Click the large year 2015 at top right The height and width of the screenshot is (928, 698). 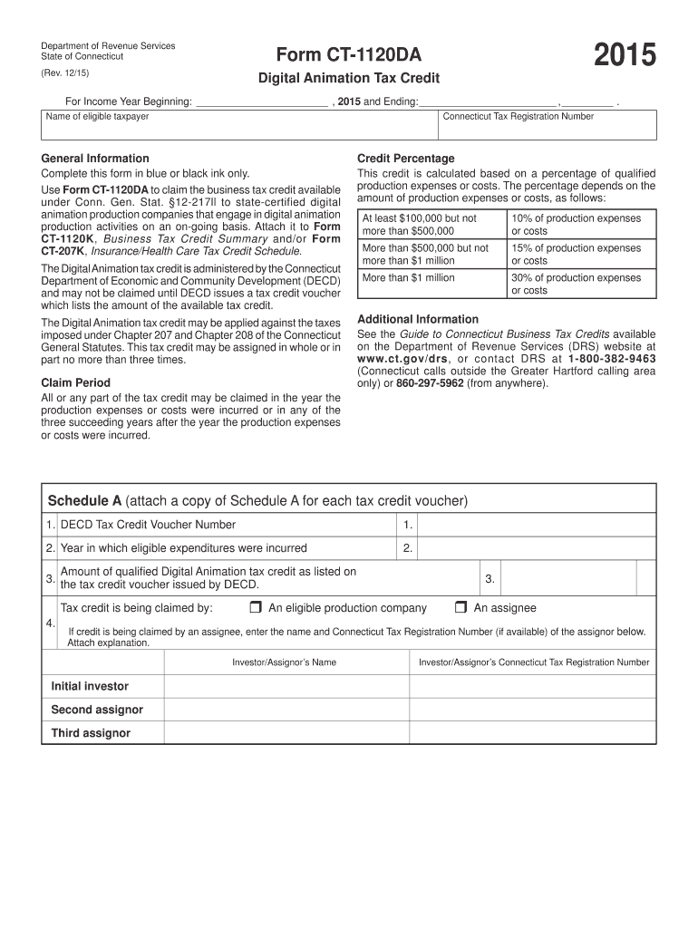[x=625, y=57]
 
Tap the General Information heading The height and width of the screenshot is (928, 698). [x=95, y=158]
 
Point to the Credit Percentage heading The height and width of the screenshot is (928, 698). [x=406, y=158]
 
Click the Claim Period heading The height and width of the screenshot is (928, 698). [x=76, y=382]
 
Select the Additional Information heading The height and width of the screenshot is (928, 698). [x=418, y=319]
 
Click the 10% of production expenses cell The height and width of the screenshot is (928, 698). [x=580, y=225]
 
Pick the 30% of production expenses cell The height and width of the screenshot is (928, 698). [x=580, y=284]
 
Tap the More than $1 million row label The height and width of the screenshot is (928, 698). [x=409, y=278]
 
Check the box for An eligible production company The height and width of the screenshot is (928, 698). [x=256, y=607]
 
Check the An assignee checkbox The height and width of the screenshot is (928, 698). [x=460, y=607]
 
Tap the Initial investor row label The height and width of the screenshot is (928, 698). [x=90, y=686]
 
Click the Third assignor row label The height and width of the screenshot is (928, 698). [x=91, y=733]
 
